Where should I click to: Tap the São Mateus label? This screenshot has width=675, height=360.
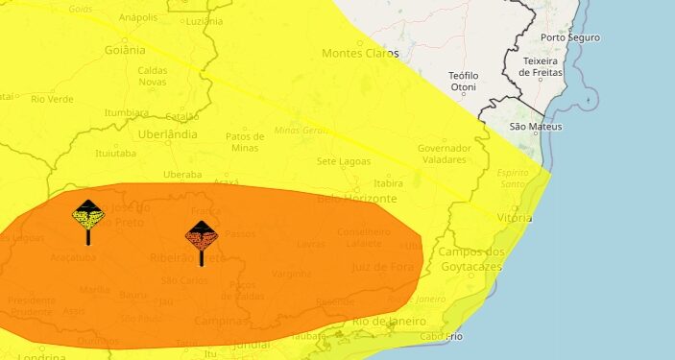pyautogui.click(x=537, y=127)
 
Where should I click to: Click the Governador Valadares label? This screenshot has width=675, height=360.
pyautogui.click(x=445, y=154)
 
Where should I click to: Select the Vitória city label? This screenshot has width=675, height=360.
pyautogui.click(x=515, y=218)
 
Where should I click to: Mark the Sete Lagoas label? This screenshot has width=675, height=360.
pyautogui.click(x=343, y=160)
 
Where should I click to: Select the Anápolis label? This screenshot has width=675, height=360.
pyautogui.click(x=138, y=17)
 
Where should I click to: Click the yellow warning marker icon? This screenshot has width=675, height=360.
pyautogui.click(x=88, y=216)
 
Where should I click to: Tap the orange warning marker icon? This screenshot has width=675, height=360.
pyautogui.click(x=201, y=236)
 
